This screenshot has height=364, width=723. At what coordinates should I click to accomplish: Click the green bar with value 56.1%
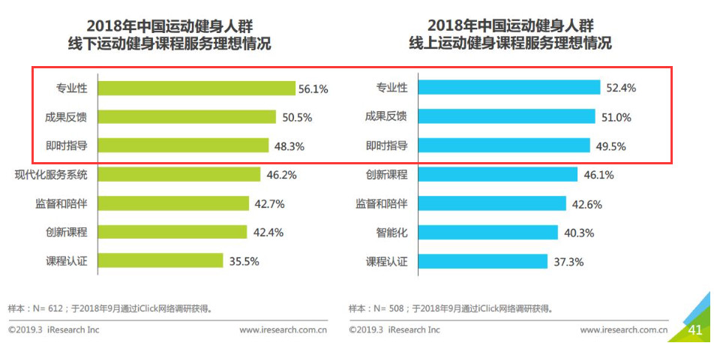(x=196, y=89)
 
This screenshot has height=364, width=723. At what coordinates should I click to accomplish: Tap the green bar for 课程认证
(x=160, y=261)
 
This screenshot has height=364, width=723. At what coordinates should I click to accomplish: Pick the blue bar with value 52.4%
(x=508, y=88)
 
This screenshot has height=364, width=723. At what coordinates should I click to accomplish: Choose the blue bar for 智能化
(x=487, y=233)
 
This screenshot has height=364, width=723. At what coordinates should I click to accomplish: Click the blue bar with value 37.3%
(x=482, y=261)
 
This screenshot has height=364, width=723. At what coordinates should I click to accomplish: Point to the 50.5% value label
(x=297, y=118)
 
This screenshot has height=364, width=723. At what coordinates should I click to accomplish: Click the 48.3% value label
(x=289, y=146)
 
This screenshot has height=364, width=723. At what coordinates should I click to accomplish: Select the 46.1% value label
(x=598, y=175)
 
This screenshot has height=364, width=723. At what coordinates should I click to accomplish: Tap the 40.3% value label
(x=578, y=233)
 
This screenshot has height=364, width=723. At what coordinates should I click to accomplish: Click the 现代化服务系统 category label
(x=51, y=175)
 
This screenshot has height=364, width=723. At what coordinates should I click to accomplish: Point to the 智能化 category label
(x=391, y=233)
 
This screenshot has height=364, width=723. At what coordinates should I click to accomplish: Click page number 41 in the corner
(x=694, y=329)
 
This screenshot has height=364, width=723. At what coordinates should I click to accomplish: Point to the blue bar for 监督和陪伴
(x=491, y=204)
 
